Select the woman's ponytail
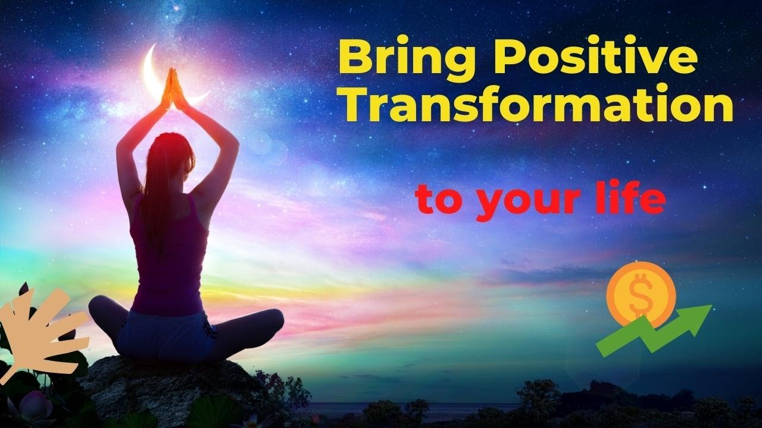click(151, 196)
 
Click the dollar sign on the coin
click(641, 292)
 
